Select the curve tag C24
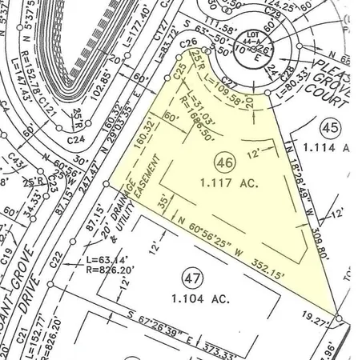pos(76,139)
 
